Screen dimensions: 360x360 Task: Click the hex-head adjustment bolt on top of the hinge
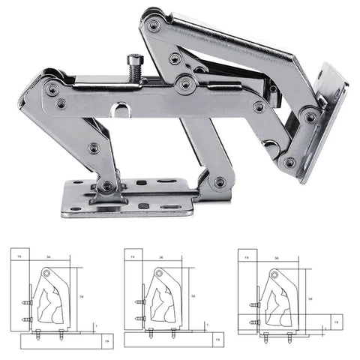tap(134, 64)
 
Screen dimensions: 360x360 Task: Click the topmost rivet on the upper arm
tap(154, 25)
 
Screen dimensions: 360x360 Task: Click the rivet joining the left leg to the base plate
tap(107, 185)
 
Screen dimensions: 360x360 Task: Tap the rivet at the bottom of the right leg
tap(220, 181)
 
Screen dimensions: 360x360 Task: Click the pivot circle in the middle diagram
tap(158, 275)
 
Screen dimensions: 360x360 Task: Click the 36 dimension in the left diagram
tap(46, 258)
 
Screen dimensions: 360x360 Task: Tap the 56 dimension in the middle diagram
tap(193, 297)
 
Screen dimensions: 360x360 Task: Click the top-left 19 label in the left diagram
tap(19, 256)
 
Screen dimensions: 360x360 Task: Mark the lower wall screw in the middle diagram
tap(139, 319)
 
